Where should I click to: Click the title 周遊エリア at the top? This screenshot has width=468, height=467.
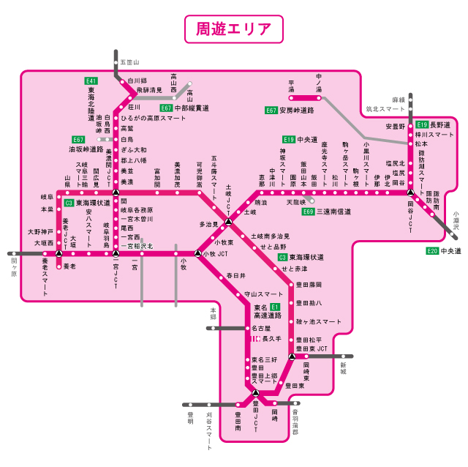(233, 29)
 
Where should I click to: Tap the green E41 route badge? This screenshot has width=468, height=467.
(91, 81)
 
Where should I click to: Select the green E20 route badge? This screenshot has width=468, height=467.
(432, 250)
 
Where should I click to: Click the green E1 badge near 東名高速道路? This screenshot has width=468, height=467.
(275, 307)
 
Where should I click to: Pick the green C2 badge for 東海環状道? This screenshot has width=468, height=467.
(69, 203)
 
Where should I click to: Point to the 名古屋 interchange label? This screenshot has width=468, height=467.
(261, 329)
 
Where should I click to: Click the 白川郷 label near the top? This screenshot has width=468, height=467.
(137, 81)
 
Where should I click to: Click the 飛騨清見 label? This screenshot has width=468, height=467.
(149, 90)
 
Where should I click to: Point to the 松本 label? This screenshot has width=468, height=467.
(420, 144)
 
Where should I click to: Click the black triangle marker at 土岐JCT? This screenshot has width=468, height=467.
(228, 221)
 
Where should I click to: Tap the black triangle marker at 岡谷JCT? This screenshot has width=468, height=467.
(411, 192)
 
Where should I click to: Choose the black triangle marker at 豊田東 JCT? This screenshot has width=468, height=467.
(292, 356)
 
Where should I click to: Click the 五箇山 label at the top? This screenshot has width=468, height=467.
(129, 63)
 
